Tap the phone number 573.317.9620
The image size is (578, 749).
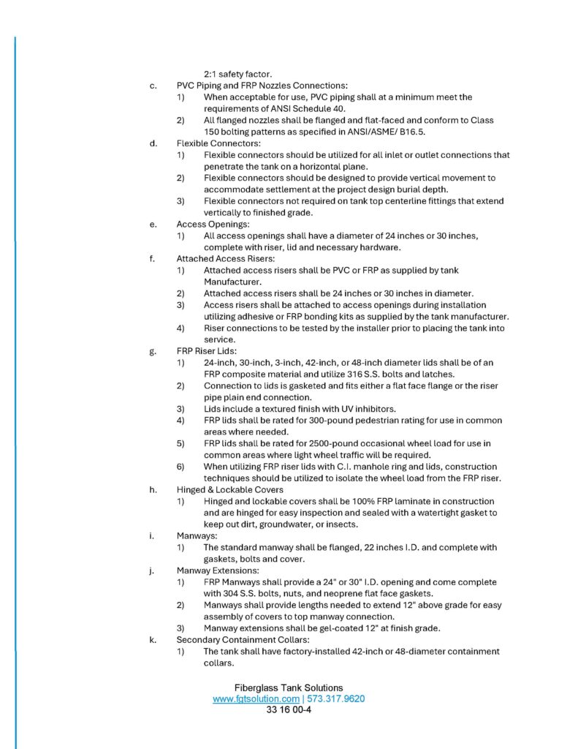pos(336,699)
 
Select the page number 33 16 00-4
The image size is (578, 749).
pos(289,710)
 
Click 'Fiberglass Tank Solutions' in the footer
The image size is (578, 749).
pos(289,688)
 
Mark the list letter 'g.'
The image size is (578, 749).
pos(153,351)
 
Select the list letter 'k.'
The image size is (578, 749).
pos(153,639)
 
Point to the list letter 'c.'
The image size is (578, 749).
pos(153,86)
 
